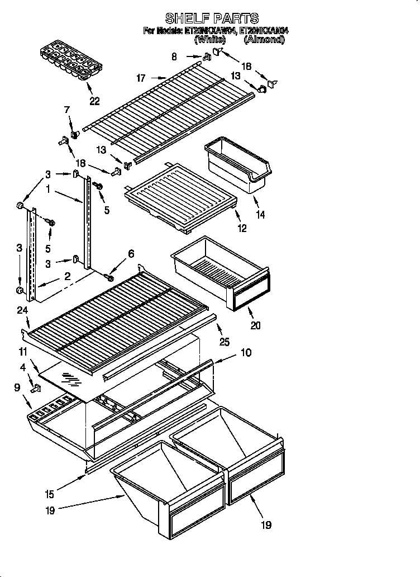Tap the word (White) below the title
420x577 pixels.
[210, 40]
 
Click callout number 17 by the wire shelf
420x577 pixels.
[141, 78]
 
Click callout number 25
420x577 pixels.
[224, 342]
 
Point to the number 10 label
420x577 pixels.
[246, 353]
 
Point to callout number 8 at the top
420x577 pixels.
[174, 56]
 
